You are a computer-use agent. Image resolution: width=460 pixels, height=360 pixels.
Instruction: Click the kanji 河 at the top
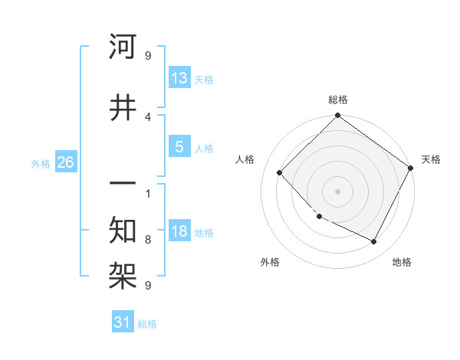[x=123, y=47]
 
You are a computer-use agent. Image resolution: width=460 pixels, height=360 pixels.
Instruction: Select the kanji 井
[x=123, y=107]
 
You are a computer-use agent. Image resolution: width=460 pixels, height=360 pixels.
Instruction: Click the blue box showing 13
[x=179, y=78]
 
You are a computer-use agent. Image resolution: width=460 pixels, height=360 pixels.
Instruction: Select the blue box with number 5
[x=179, y=147]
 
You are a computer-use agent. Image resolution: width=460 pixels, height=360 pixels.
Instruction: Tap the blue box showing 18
[x=179, y=231]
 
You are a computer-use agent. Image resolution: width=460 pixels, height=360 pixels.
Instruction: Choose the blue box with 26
[x=65, y=163]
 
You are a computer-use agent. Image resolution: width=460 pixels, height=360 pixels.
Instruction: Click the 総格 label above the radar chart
[x=337, y=100]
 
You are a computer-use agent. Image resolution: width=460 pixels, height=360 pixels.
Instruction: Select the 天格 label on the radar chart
[x=431, y=159]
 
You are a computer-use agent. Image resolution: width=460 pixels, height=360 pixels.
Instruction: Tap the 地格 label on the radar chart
[x=402, y=262]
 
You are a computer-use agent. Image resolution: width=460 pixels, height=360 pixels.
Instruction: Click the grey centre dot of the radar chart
[x=337, y=191]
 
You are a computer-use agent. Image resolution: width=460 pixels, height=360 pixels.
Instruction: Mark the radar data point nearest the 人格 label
[x=280, y=172]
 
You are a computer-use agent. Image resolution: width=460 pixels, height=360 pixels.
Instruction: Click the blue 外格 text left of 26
[x=41, y=164]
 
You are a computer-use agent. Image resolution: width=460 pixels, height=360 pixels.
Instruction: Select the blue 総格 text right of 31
[x=147, y=324]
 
